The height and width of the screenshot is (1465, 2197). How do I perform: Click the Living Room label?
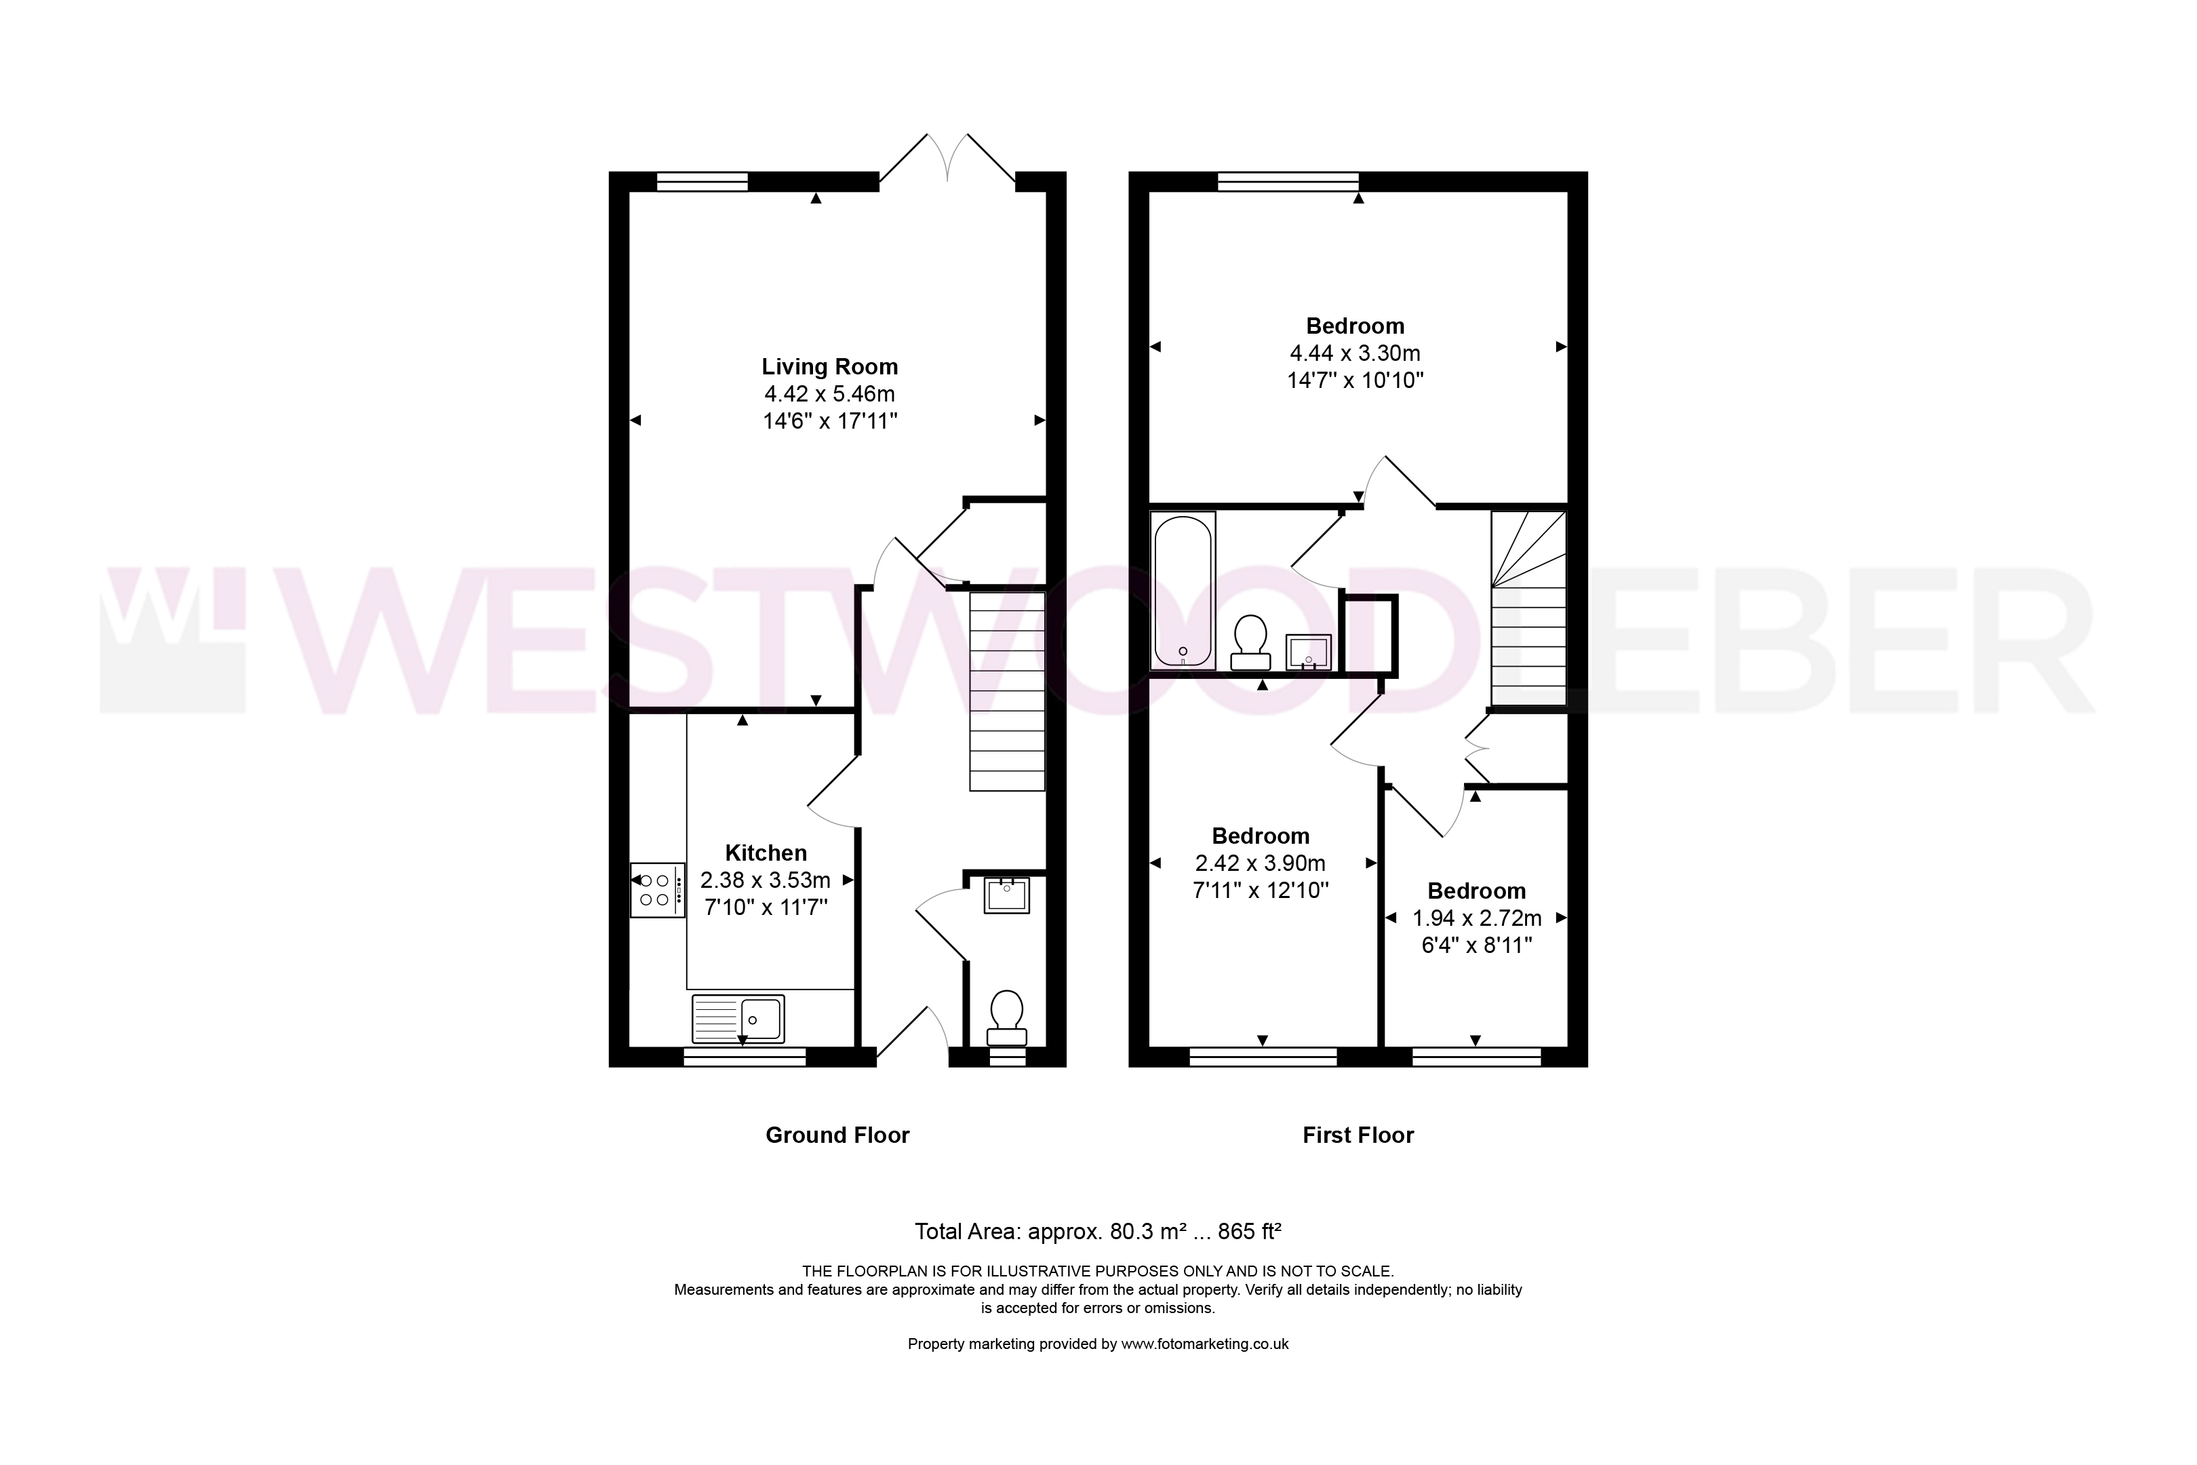[x=829, y=367]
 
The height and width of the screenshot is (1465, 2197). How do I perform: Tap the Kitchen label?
[x=766, y=853]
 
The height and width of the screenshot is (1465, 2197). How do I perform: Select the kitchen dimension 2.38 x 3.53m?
[x=766, y=880]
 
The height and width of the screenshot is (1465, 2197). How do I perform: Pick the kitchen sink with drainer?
[x=738, y=1019]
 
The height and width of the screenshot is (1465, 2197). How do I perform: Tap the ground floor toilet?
[x=1006, y=1019]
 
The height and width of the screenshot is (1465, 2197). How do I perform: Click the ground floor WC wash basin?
[x=1007, y=895]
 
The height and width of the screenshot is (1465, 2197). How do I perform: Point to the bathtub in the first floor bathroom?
[x=1183, y=591]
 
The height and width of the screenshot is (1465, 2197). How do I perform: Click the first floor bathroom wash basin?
[x=1309, y=652]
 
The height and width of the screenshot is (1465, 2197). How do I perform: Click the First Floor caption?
[x=1358, y=1135]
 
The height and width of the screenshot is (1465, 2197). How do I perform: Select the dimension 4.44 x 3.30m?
[x=1355, y=353]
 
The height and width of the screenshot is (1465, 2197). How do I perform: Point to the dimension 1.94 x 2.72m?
[x=1477, y=918]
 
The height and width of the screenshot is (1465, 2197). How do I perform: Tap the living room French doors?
[x=947, y=159]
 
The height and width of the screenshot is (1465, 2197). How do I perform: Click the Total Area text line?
[x=1098, y=1232]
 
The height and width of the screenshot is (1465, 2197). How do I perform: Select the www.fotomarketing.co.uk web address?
[x=1205, y=1344]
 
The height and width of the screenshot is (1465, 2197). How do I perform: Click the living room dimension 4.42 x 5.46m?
[x=829, y=394]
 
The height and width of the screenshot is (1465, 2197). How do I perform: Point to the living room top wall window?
[x=702, y=181]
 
